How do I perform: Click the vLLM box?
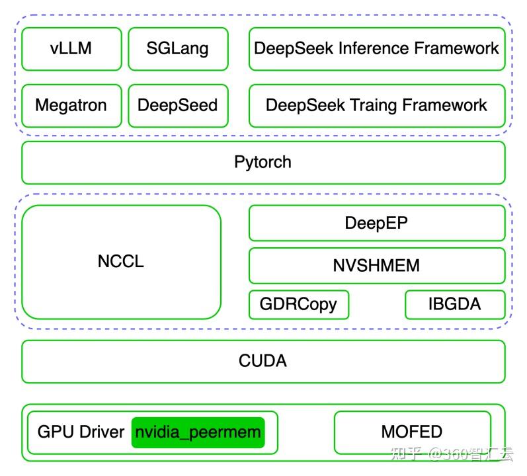[x=71, y=48]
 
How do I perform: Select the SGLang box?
[x=177, y=48]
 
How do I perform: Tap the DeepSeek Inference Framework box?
[x=376, y=48]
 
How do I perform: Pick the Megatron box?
[x=71, y=105]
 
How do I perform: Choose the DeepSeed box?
[x=177, y=105]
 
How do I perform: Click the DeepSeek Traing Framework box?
[x=376, y=105]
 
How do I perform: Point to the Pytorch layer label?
[x=263, y=162]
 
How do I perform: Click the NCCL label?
[x=120, y=261]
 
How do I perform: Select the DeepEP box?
[x=376, y=223]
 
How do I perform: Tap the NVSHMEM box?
[x=376, y=266]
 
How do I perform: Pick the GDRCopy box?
[x=298, y=304]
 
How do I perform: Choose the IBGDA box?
[x=454, y=304]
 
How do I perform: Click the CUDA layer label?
[x=263, y=361]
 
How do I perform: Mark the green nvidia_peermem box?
[x=198, y=432]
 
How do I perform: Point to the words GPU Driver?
[x=81, y=432]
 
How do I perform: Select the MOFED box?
[x=411, y=432]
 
